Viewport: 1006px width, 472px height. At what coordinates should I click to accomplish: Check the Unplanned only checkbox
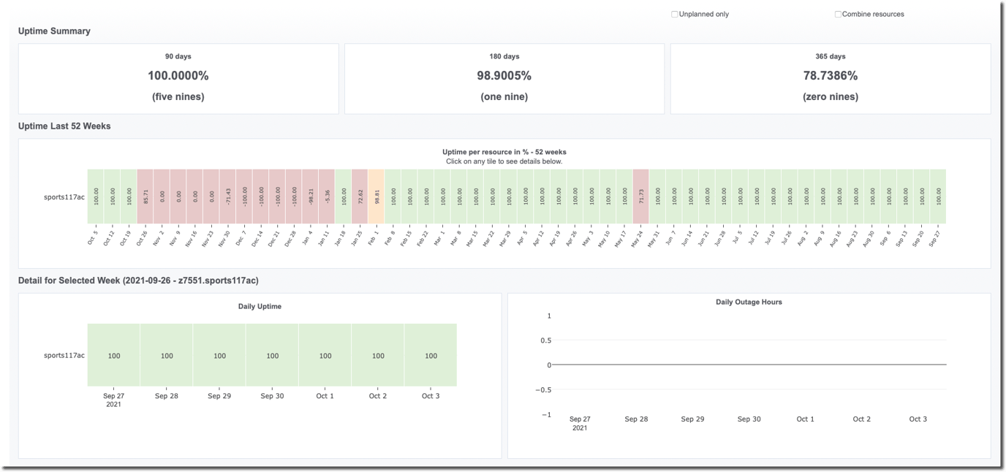674,14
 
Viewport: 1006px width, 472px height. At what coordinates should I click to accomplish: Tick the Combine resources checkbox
838,14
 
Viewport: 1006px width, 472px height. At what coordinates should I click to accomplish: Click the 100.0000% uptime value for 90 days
178,76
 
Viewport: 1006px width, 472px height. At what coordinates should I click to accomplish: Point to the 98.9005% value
504,76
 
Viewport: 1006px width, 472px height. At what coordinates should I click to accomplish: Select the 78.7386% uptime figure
830,76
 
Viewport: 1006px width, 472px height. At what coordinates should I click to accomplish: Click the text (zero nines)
830,96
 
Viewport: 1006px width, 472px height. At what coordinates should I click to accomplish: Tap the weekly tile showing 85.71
145,196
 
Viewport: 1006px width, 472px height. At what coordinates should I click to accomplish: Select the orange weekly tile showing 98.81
377,196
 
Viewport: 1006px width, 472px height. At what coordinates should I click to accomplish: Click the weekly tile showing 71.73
640,196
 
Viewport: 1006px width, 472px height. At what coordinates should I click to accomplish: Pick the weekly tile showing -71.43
228,196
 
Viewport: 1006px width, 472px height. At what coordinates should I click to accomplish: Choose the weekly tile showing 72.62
360,196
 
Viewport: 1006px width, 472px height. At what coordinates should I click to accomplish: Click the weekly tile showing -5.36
327,196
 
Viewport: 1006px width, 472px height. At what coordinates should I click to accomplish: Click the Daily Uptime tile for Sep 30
272,355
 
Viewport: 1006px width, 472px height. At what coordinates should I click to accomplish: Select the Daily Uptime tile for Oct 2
378,355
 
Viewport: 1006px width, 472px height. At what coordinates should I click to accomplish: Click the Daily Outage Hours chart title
749,302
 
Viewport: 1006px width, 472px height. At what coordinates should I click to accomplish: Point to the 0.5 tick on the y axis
545,340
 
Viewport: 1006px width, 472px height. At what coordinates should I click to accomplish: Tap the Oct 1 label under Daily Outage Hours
805,419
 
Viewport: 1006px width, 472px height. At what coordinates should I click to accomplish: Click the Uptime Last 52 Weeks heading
64,126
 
